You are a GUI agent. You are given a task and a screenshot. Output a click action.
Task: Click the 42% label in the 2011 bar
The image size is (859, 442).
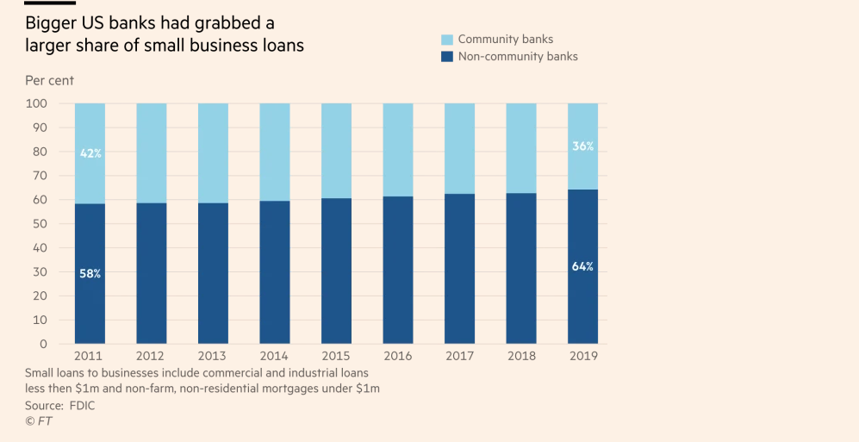90,153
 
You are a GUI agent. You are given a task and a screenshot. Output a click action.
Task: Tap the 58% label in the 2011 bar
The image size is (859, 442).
90,273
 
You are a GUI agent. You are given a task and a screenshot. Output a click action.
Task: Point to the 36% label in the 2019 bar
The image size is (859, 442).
583,146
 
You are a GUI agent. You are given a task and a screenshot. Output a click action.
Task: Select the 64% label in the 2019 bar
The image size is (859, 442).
583,266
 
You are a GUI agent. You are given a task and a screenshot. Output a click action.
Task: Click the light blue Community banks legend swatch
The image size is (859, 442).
446,40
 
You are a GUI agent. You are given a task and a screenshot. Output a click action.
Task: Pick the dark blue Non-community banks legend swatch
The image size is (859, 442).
446,57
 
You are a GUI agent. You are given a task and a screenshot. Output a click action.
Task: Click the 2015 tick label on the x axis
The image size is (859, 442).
337,355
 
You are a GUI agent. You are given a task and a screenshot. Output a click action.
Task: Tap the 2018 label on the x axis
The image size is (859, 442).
521,355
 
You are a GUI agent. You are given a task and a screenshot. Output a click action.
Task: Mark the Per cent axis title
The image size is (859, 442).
49,80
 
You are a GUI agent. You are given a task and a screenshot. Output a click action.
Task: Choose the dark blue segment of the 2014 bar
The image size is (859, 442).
275,271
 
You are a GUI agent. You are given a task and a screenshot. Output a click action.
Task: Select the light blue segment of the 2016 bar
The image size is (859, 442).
398,150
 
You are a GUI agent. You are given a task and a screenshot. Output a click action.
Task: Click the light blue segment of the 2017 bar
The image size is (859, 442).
460,148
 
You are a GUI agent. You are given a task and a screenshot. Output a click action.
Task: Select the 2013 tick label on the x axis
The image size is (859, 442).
214,355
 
